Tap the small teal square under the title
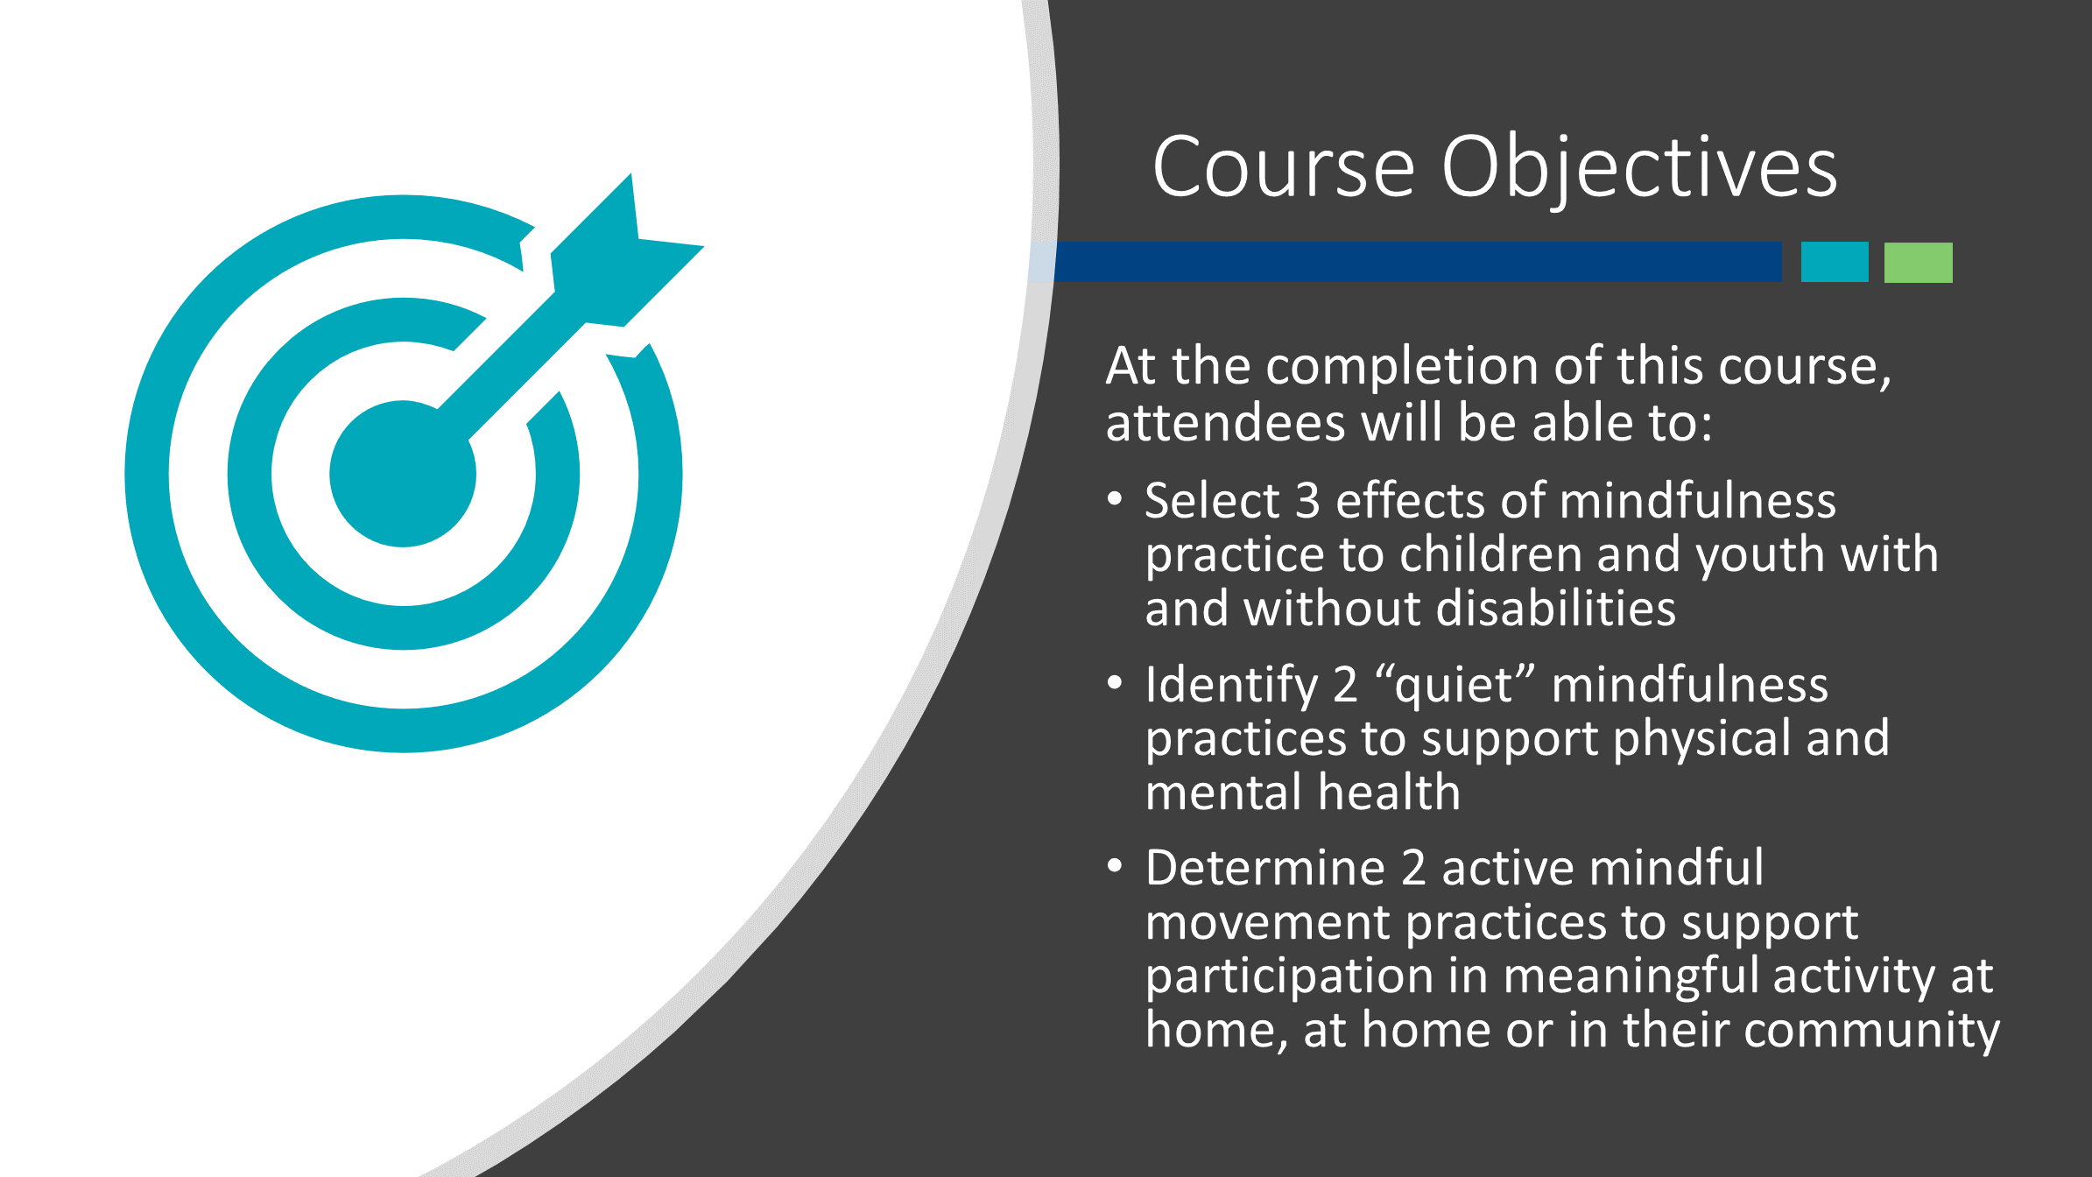tap(1835, 262)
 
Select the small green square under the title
tap(1919, 262)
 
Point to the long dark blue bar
tap(1418, 262)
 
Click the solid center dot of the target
tap(403, 474)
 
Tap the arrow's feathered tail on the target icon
tap(627, 250)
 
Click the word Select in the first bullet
tap(1213, 501)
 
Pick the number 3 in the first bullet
tap(1307, 502)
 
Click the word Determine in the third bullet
tap(1265, 868)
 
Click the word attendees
tap(1225, 423)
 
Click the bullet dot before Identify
tap(1115, 682)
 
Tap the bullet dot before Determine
tap(1115, 866)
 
